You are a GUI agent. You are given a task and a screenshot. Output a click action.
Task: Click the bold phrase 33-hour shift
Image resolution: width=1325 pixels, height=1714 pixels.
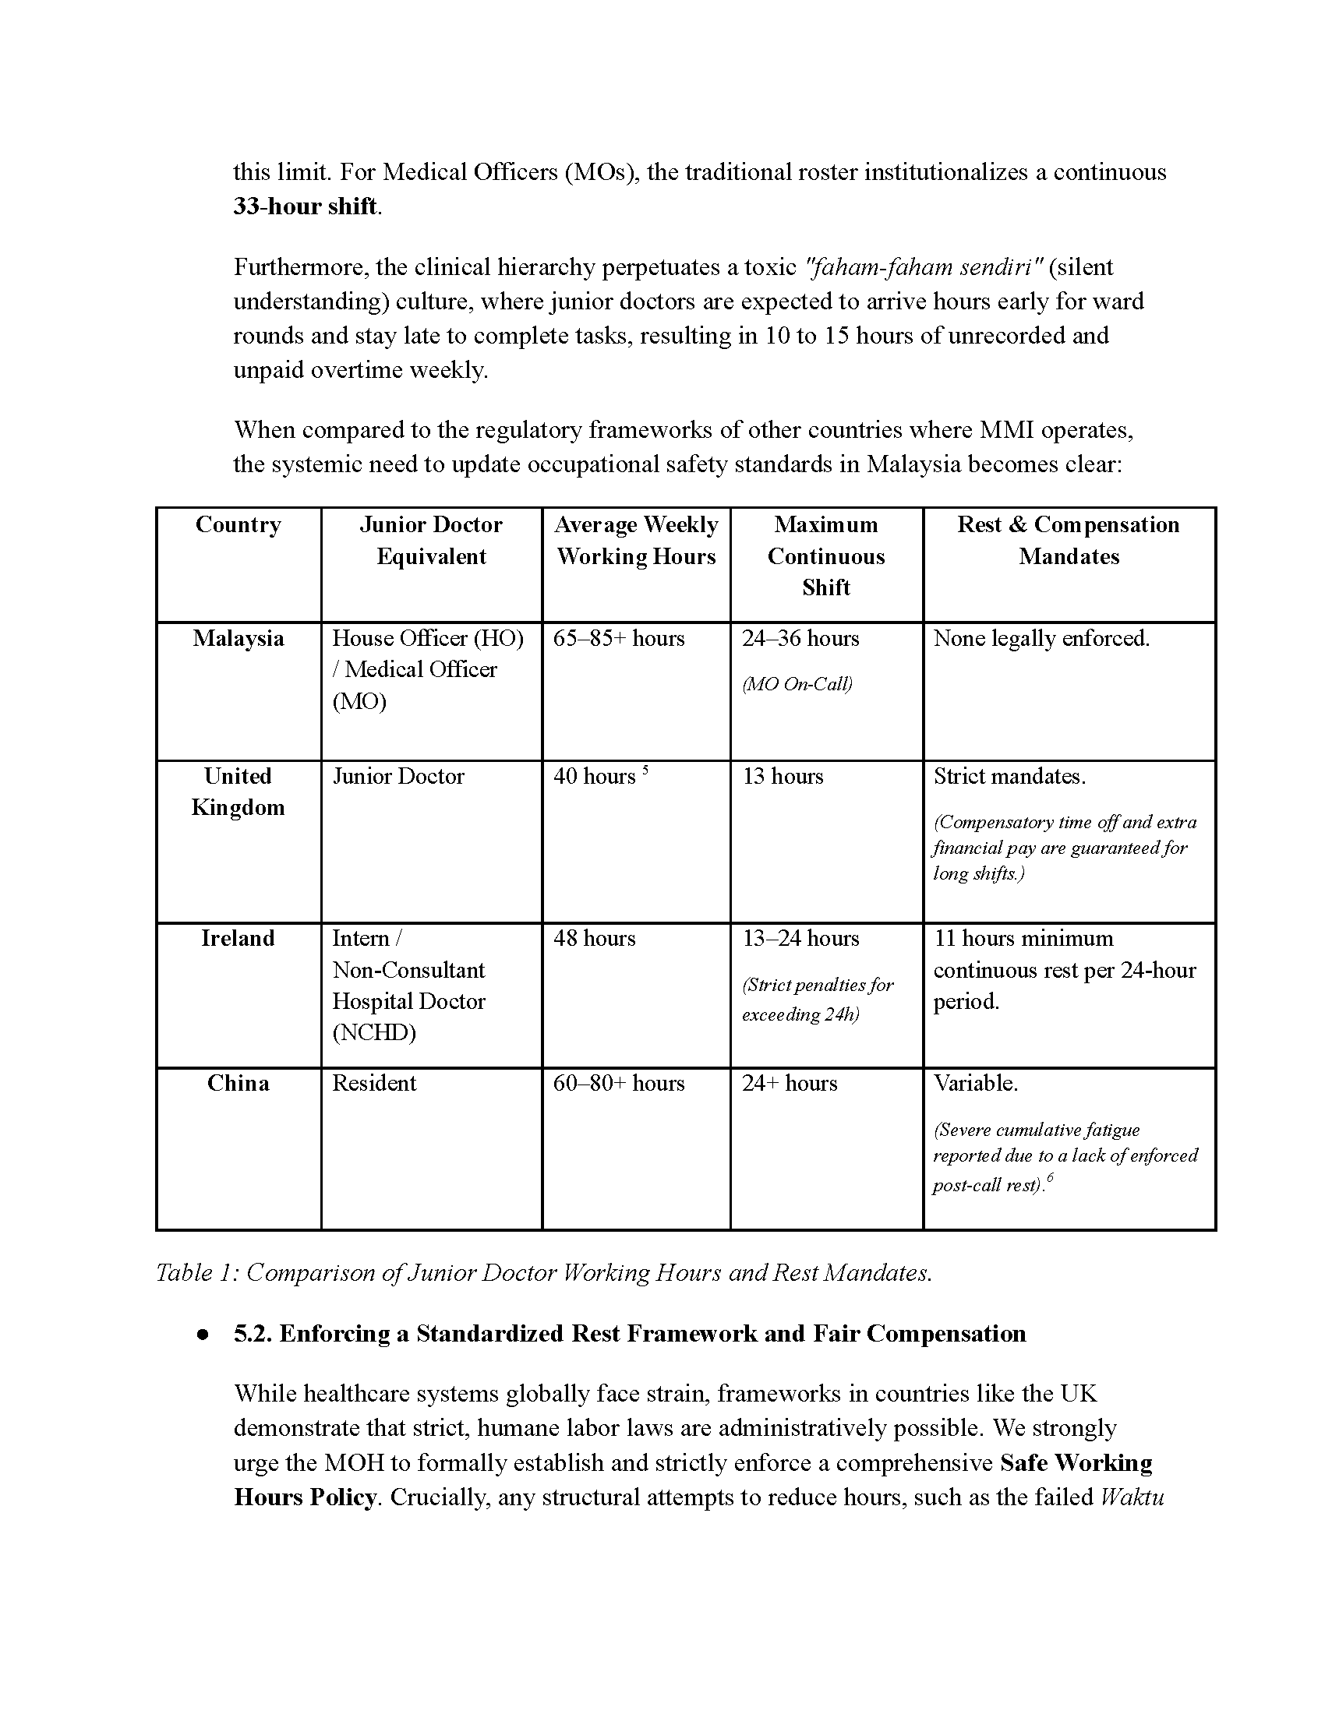coord(306,206)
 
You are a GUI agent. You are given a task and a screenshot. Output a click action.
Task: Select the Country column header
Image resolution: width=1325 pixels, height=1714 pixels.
coord(238,524)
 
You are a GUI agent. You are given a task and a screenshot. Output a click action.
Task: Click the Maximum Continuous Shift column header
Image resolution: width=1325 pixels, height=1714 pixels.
coord(825,555)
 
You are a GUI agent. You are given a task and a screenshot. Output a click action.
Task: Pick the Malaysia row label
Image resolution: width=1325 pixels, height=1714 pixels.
coord(238,638)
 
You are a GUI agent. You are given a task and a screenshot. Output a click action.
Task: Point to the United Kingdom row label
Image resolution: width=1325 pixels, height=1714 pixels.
coord(238,791)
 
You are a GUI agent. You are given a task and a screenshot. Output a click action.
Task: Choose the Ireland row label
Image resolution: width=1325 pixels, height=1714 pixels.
coord(238,938)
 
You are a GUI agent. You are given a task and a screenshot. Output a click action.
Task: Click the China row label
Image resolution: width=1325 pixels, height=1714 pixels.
coord(238,1083)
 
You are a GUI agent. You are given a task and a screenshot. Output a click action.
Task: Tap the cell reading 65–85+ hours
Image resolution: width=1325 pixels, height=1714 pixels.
coord(619,638)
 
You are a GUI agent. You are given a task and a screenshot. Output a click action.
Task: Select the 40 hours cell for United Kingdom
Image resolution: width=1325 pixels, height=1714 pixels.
coord(594,776)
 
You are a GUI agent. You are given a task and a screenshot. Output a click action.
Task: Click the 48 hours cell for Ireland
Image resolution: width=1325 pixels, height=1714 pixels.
coord(594,938)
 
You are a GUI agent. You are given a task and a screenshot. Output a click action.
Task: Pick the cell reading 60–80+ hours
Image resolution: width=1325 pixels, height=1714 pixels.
coord(619,1083)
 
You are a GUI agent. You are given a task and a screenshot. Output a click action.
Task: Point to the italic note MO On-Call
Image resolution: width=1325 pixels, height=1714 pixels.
coord(797,683)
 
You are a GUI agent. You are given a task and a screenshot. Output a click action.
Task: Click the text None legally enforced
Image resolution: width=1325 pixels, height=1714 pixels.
coord(1041,638)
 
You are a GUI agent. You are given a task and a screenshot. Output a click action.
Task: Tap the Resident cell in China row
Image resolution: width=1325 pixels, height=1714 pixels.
coord(373,1083)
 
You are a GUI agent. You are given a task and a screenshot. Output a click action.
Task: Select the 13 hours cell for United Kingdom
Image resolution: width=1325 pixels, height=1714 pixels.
coord(783,776)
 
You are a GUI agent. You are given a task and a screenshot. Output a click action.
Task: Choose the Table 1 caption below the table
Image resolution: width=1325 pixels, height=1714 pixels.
coord(544,1272)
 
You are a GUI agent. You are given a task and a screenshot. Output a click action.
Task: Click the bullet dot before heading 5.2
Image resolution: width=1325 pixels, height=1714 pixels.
coord(203,1334)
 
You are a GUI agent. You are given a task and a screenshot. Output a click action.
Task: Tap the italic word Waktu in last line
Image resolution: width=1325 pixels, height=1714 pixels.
coord(1131,1497)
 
